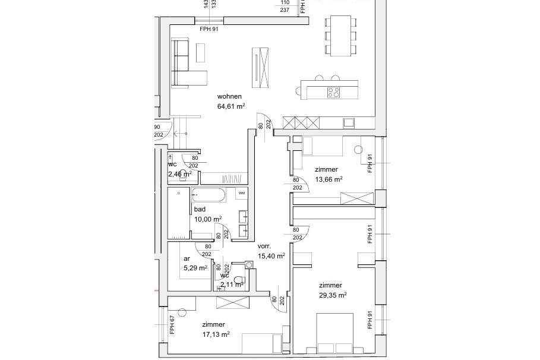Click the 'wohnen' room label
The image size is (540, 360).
[229, 97]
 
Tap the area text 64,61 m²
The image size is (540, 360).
[231, 107]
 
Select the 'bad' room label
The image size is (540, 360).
[200, 210]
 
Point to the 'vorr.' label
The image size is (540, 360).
[264, 246]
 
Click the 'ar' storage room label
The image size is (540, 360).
[187, 258]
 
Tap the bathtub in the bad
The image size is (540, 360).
[208, 194]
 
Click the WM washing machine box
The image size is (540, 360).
[241, 193]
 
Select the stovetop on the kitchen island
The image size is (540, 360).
[334, 92]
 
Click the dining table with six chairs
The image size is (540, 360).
[340, 35]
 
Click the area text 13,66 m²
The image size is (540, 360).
[328, 179]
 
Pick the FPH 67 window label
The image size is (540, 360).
[172, 325]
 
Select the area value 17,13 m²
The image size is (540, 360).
[216, 334]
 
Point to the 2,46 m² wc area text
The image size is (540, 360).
[179, 174]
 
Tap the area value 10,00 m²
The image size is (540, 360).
[207, 219]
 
